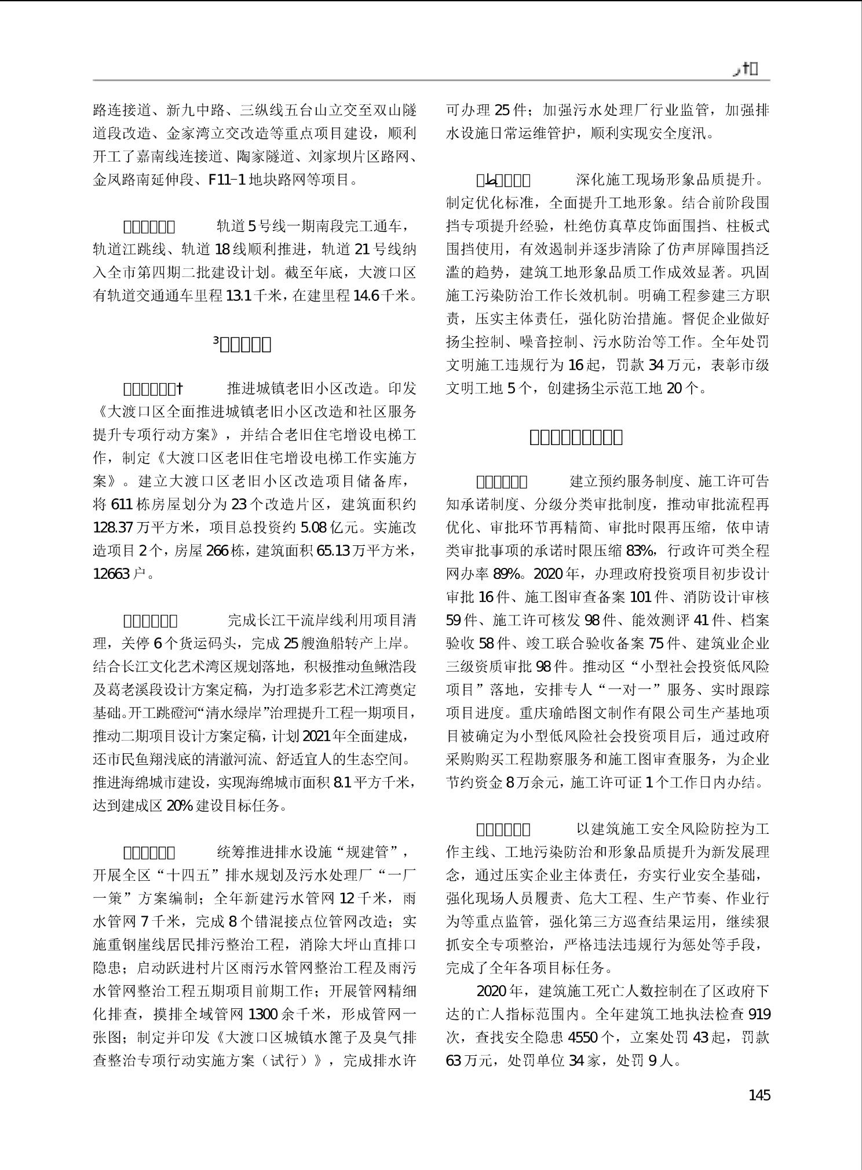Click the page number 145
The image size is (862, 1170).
[x=759, y=1095]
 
